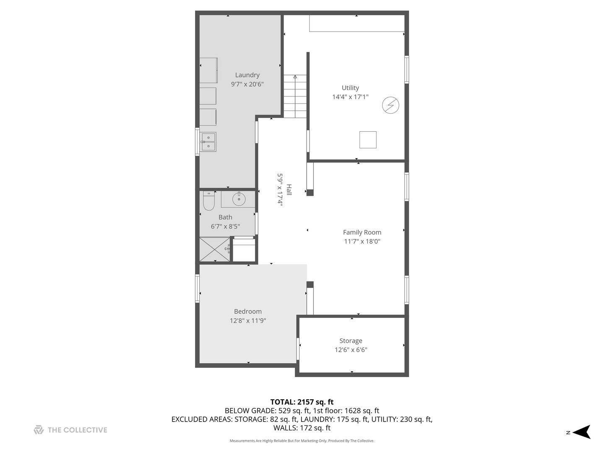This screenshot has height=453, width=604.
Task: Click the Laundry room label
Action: coord(247,75)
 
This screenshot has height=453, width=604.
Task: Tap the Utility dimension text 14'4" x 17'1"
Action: coord(350,97)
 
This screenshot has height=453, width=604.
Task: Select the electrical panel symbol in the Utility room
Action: coord(391,105)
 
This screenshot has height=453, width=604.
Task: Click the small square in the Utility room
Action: coord(368,140)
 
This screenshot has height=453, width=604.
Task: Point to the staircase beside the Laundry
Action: coord(295,96)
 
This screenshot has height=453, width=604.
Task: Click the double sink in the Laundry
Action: coord(208,142)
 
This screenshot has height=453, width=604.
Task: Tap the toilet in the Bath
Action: coord(208,201)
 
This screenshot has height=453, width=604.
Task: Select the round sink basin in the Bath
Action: coord(239,199)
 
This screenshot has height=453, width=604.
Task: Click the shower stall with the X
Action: coord(214,249)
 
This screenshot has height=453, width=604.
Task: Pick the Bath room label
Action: coord(225,217)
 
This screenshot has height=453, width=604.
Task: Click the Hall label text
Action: coord(289,190)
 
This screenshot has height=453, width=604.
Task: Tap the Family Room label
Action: coord(362,232)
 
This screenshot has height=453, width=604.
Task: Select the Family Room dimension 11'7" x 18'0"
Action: coord(362,242)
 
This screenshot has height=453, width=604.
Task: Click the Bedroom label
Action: coord(247,312)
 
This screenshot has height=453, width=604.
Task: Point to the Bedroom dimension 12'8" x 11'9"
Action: coord(247,321)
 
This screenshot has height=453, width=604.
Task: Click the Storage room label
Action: coord(351,341)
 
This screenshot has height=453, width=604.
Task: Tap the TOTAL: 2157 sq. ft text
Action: coord(302,402)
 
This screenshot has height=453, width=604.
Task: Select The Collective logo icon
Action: coord(39,430)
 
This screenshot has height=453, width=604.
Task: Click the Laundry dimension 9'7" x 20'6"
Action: coord(247,84)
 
